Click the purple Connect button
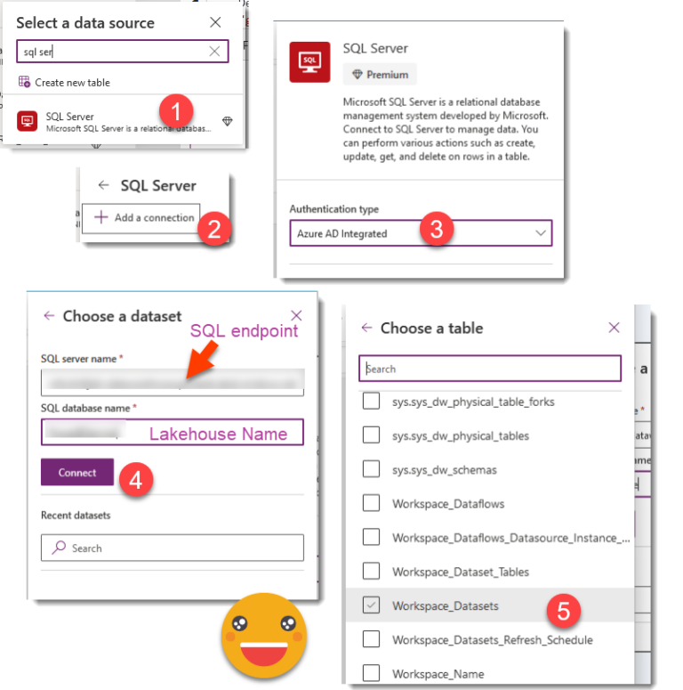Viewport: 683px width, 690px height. tap(76, 473)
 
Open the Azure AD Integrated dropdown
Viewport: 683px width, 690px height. tap(420, 233)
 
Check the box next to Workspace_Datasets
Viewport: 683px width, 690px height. tap(373, 605)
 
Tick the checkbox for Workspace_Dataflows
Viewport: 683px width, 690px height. tap(373, 504)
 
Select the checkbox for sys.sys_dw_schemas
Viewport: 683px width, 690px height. tap(373, 469)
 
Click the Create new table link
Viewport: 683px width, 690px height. tap(64, 83)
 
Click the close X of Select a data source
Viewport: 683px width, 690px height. tap(215, 22)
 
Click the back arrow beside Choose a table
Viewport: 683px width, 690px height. tap(366, 328)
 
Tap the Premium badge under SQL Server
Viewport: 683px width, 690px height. tap(380, 75)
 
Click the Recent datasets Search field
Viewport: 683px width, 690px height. tap(172, 548)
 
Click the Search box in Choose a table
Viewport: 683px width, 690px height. tap(489, 369)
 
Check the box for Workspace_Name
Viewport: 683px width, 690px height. tap(373, 674)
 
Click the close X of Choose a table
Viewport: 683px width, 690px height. tap(614, 328)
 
